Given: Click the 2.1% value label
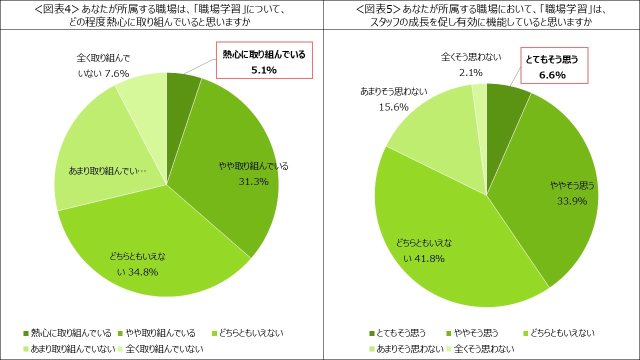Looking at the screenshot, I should coord(470,73).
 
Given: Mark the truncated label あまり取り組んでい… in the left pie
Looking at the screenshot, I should coord(107,171).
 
